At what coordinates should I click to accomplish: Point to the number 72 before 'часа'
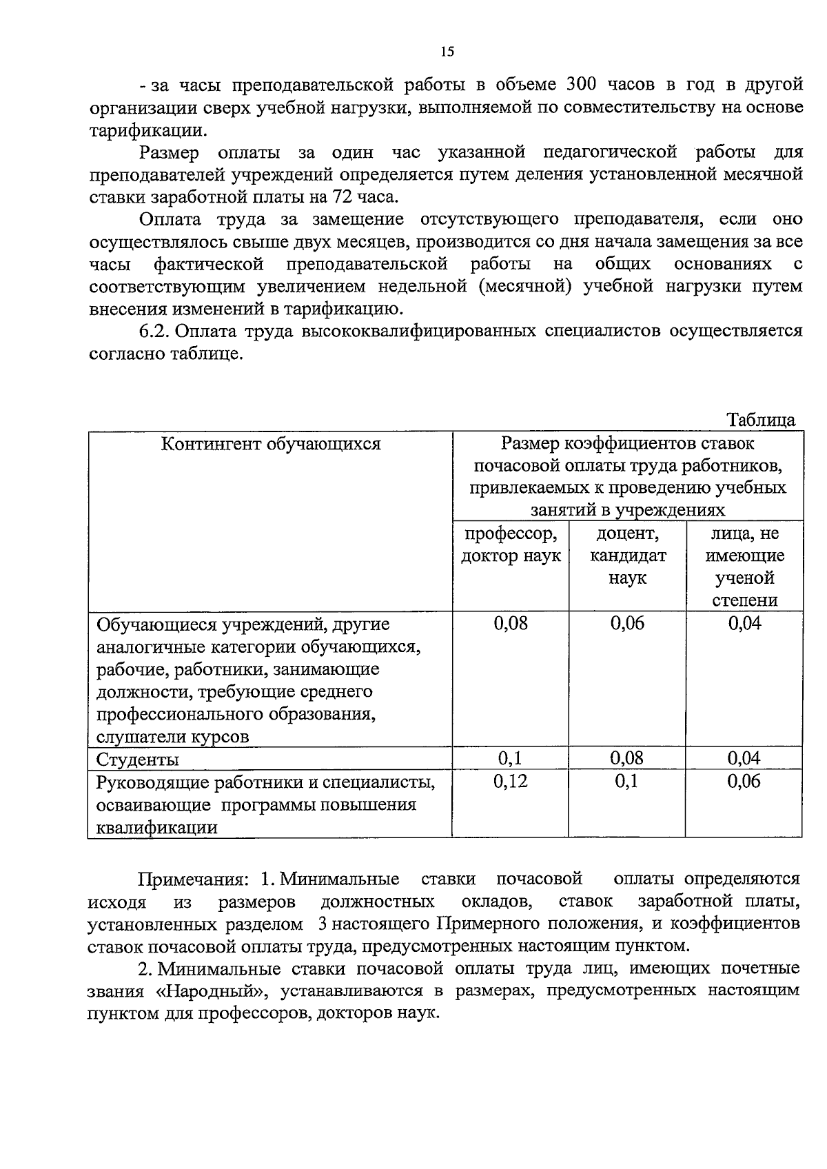tap(342, 196)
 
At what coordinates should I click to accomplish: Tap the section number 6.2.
tap(154, 331)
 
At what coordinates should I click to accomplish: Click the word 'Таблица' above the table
tap(761, 420)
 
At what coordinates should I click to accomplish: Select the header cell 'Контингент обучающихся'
tap(271, 443)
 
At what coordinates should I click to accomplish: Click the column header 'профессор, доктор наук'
tap(511, 545)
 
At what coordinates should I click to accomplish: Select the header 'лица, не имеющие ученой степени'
tap(744, 567)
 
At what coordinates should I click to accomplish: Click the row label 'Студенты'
tap(138, 759)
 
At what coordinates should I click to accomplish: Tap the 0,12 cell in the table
tap(511, 781)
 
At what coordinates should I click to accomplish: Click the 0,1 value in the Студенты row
tap(511, 758)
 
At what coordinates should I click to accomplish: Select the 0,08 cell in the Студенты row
tap(627, 758)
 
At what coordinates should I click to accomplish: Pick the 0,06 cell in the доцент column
tap(627, 623)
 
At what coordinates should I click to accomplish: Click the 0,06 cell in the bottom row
tap(744, 781)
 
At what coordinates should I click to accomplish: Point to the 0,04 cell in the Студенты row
tap(744, 758)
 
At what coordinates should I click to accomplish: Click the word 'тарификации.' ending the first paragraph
tap(147, 130)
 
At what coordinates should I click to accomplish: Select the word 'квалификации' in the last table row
tap(157, 827)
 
